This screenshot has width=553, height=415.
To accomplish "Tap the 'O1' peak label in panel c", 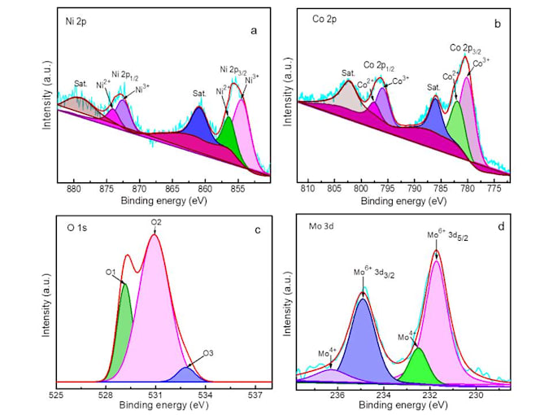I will pyautogui.click(x=111, y=273).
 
